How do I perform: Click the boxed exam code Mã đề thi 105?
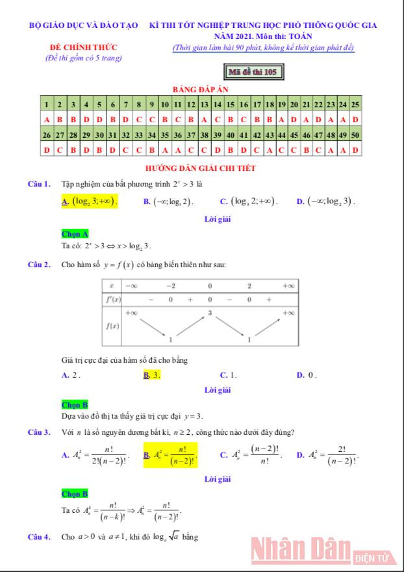(253, 71)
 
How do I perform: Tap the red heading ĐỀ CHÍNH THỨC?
(84, 49)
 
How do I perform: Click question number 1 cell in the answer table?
(47, 104)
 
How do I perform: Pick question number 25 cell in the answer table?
(355, 104)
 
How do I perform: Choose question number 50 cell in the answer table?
(355, 135)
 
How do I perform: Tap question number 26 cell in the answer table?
(47, 135)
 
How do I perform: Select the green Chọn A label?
(75, 233)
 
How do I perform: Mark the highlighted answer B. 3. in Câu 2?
(152, 375)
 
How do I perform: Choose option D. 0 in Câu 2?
(306, 375)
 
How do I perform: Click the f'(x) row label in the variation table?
(112, 300)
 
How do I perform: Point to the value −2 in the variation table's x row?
(170, 286)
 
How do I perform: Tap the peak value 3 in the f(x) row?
(210, 313)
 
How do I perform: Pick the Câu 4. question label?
(39, 537)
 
